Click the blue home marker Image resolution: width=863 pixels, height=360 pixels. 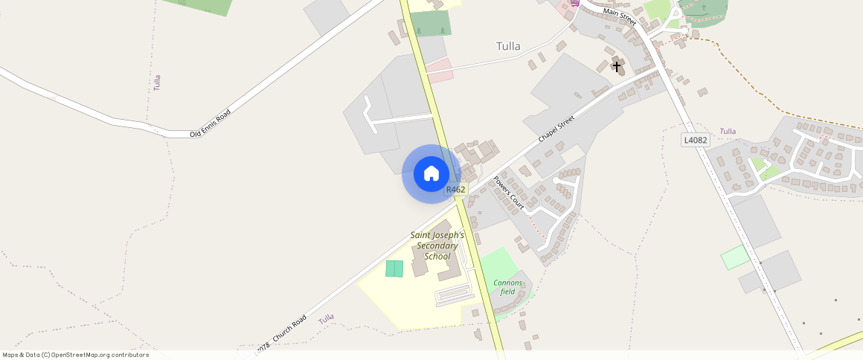click(x=431, y=174)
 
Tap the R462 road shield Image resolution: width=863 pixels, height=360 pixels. click(x=455, y=190)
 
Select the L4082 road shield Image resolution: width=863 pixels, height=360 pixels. click(x=696, y=140)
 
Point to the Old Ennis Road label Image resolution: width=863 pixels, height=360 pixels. click(x=211, y=123)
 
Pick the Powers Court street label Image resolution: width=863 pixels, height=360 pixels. click(x=510, y=193)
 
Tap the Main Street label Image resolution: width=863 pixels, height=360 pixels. click(x=621, y=16)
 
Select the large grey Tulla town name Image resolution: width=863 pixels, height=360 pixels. click(x=508, y=46)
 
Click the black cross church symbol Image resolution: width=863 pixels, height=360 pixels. click(x=616, y=67)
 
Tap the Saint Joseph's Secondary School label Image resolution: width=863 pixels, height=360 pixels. click(x=437, y=245)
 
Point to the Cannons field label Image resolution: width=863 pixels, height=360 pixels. click(x=508, y=287)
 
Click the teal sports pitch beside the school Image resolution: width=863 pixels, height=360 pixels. click(x=394, y=269)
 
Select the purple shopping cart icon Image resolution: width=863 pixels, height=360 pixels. click(x=574, y=3)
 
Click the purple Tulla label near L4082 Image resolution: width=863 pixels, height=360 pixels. click(x=728, y=132)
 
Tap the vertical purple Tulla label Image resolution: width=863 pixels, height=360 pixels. click(x=157, y=83)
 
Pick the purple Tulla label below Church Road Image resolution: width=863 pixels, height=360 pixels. click(x=326, y=319)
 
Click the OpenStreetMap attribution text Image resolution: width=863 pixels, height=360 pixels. click(x=76, y=355)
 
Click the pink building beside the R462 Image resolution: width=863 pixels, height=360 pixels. click(x=440, y=71)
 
